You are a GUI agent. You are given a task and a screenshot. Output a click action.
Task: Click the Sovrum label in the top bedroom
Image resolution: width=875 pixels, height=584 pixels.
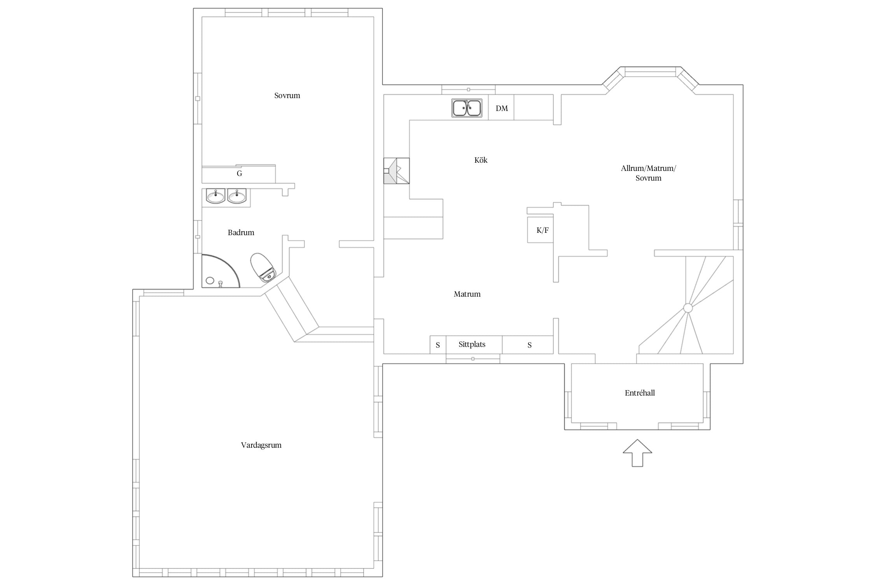[x=287, y=96]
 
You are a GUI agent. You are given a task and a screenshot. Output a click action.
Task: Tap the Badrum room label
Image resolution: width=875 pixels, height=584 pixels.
[x=241, y=233]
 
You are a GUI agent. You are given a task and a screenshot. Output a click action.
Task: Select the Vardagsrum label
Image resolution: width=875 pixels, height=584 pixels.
[x=261, y=445]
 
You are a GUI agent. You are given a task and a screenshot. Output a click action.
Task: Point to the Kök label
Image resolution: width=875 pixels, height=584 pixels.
[x=481, y=160]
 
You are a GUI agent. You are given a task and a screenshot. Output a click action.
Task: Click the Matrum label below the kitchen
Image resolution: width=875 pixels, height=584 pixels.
[x=467, y=294]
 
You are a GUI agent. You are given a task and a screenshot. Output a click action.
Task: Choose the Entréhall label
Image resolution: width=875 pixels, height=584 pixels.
[x=640, y=393]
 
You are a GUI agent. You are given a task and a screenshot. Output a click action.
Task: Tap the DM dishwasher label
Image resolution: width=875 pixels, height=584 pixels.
[x=502, y=109]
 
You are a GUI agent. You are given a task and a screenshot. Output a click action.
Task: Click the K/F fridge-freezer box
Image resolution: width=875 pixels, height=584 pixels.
[x=540, y=230]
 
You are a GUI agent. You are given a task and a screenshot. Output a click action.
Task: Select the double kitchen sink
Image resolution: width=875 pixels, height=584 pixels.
[x=467, y=108]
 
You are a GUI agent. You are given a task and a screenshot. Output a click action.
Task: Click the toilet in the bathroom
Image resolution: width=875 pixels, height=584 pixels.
[x=263, y=267]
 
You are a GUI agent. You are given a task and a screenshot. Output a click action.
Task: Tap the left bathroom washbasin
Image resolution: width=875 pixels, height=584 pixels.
[x=215, y=196]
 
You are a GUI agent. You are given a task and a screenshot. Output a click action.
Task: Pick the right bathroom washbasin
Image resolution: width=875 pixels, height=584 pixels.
[x=237, y=196]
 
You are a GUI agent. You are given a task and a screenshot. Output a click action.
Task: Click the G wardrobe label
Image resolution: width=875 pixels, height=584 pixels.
[x=240, y=174]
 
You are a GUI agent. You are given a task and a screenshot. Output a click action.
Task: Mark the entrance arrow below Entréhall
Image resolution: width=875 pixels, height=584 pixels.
[x=637, y=453]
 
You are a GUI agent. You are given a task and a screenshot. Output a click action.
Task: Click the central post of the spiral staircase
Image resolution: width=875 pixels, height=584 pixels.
[x=688, y=308]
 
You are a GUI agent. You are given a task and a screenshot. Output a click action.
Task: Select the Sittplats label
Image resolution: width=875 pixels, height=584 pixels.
[x=472, y=345]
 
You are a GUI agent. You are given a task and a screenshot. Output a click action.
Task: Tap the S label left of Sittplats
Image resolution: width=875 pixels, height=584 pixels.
[x=438, y=345]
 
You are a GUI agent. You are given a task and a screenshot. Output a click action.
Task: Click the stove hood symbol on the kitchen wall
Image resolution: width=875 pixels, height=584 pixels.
[x=397, y=171]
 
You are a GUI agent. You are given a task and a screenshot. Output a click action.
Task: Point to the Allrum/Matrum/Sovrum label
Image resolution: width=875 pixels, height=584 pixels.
[x=648, y=173]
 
